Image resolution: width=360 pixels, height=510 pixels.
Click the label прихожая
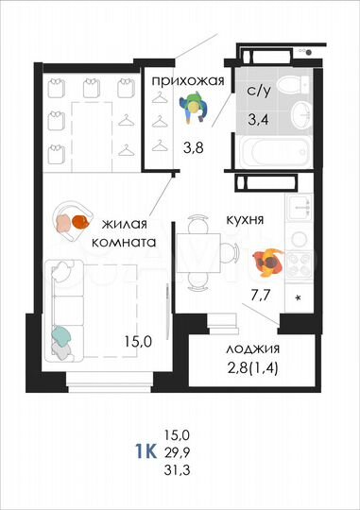tap(187, 81)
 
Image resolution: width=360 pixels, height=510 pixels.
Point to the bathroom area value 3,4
tap(257, 119)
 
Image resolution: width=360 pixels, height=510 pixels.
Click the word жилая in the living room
tap(125, 225)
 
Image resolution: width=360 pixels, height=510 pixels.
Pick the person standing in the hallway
tap(196, 110)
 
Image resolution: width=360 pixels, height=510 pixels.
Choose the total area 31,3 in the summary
tap(178, 468)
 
